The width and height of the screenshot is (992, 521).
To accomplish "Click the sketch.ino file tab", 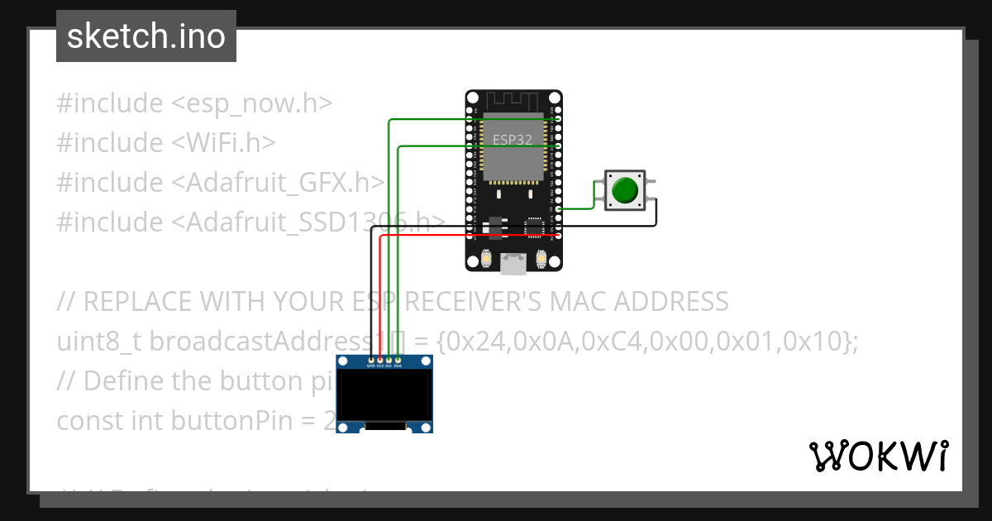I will pyautogui.click(x=145, y=36).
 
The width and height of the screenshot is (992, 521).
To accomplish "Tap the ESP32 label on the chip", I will pyautogui.click(x=513, y=140).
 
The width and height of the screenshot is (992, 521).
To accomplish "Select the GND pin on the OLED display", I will pyautogui.click(x=370, y=361).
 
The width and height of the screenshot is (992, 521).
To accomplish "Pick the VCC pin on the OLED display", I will pyautogui.click(x=380, y=361).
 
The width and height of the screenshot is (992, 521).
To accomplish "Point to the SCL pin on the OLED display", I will pyautogui.click(x=389, y=361).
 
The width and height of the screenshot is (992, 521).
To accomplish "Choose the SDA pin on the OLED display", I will pyautogui.click(x=398, y=361).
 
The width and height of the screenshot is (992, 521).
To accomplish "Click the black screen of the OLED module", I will pyautogui.click(x=384, y=394).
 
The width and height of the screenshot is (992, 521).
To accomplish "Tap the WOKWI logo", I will pyautogui.click(x=878, y=456).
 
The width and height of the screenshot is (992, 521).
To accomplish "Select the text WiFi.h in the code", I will pyautogui.click(x=223, y=143).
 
